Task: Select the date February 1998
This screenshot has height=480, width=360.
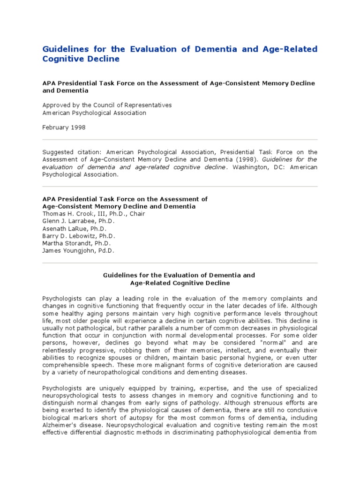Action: click(64, 127)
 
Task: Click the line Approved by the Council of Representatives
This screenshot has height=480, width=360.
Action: click(107, 105)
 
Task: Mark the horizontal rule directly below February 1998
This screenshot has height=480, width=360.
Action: click(180, 140)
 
